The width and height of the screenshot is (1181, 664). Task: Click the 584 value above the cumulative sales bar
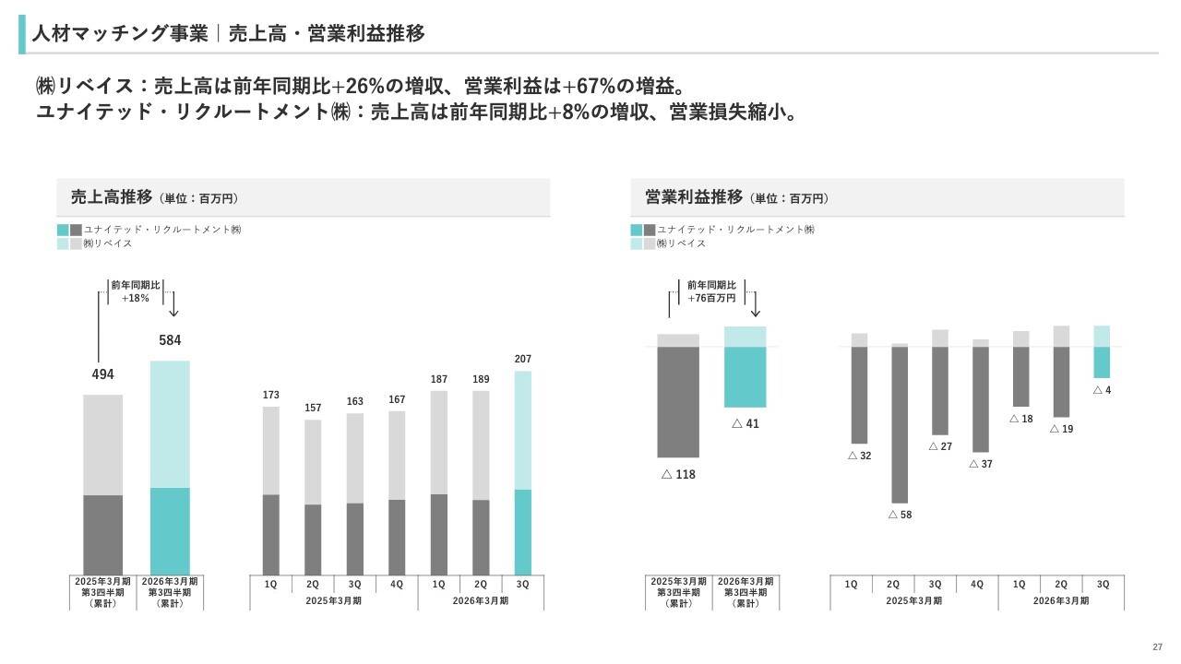[x=170, y=340]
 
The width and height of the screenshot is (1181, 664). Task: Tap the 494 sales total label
[x=102, y=374]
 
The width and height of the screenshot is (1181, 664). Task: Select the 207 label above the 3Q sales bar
[x=523, y=359]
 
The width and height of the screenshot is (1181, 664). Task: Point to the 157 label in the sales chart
[x=313, y=408]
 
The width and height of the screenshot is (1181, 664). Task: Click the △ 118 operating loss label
[x=678, y=475]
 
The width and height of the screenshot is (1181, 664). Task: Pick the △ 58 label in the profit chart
[x=900, y=515]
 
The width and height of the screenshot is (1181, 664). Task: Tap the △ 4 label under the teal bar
[x=1102, y=390]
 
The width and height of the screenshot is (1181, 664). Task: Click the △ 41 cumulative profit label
[x=745, y=424]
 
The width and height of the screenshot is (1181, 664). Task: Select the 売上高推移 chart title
[x=112, y=197]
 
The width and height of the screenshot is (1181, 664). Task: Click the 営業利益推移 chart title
[x=694, y=197]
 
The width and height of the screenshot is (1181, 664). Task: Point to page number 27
[x=1157, y=646]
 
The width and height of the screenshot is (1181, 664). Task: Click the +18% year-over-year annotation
[x=136, y=299]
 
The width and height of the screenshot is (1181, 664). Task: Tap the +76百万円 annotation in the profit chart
[x=711, y=299]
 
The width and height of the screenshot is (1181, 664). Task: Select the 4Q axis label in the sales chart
[x=397, y=585]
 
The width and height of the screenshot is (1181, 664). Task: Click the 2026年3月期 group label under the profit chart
[x=1061, y=601]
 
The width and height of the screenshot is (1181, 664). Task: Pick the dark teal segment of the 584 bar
[x=170, y=530]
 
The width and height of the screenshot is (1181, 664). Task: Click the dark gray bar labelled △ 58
[x=900, y=424]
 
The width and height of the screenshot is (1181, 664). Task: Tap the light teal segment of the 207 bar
[x=523, y=430]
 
